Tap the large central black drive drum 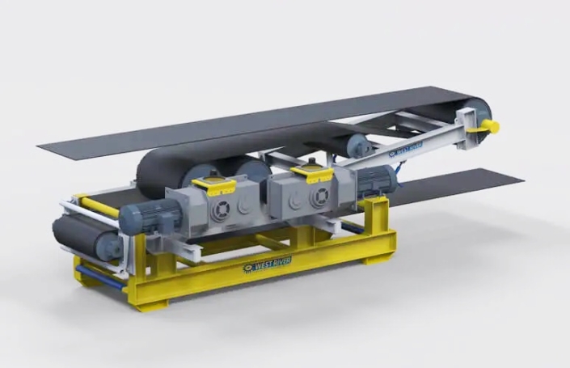162,170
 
